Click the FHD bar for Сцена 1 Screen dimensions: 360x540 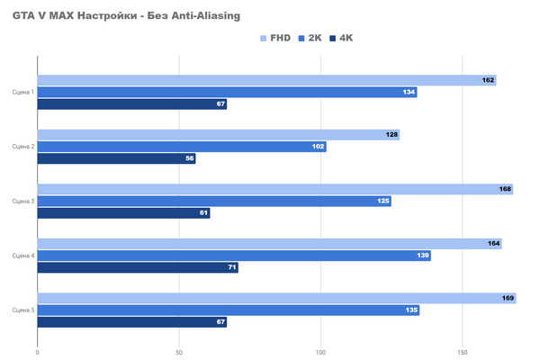coord(261,80)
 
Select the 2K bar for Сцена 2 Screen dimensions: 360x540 coord(180,147)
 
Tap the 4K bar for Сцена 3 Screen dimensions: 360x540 coord(121,213)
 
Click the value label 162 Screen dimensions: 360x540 coord(489,80)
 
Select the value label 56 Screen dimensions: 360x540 coord(189,158)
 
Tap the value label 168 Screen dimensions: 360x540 coord(505,189)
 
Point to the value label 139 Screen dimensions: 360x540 coord(423,256)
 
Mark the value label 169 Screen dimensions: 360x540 coord(508,298)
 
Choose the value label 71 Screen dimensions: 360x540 coord(231,267)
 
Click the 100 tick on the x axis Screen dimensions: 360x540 coord(321,352)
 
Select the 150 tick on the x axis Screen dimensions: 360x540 coord(463,352)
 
